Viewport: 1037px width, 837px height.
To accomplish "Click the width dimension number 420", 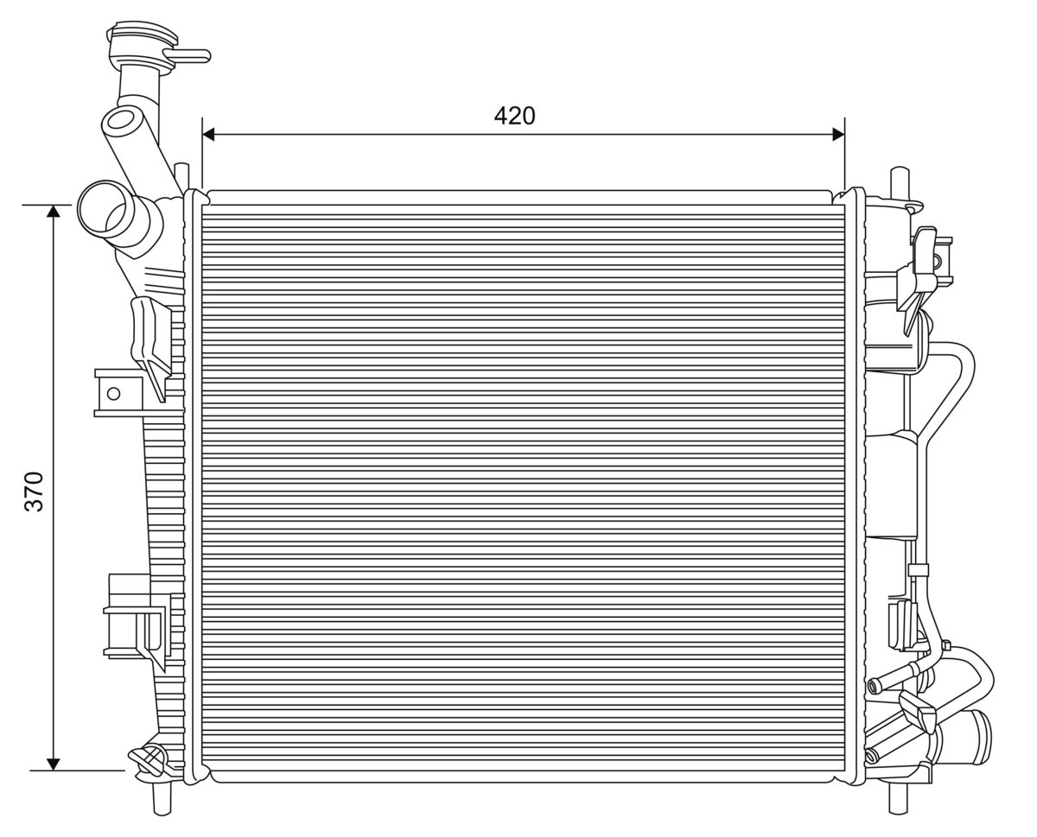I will coord(514,116).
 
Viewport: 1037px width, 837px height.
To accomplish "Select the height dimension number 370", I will coord(34,491).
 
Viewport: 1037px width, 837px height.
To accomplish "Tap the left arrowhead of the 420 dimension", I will coord(208,134).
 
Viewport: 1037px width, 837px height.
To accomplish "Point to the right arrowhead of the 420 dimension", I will coord(837,134).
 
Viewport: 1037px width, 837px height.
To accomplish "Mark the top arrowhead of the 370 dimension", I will coord(54,212).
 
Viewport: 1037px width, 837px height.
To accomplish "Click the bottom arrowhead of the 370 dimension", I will coord(54,763).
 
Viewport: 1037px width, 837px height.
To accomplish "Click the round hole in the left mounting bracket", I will coord(112,394).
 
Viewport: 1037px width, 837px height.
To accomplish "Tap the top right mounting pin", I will coord(899,181).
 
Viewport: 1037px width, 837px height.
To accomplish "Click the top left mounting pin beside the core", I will coord(181,177).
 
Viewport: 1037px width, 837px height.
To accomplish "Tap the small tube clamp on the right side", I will coord(918,569).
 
